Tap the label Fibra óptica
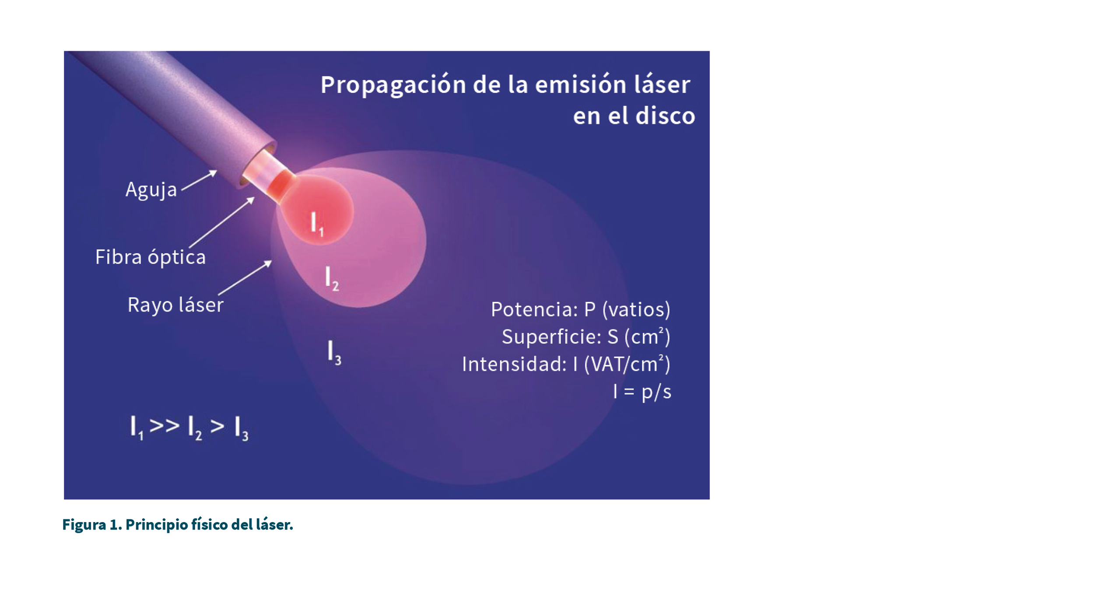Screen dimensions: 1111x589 (151, 257)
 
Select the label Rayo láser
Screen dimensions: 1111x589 (175, 305)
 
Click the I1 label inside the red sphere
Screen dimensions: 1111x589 (317, 224)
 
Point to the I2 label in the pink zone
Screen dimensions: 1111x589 (332, 279)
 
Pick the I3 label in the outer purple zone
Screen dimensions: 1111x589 (334, 353)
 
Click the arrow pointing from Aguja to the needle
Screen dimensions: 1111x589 (200, 180)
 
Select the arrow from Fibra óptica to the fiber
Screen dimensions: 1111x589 (222, 222)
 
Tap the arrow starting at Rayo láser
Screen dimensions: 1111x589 (245, 278)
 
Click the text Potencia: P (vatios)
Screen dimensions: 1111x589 (581, 309)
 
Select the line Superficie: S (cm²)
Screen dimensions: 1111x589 (586, 337)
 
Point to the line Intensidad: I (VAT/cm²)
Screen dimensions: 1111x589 (566, 364)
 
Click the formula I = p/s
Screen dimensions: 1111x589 (642, 392)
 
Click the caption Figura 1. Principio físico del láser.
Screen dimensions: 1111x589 (178, 525)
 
